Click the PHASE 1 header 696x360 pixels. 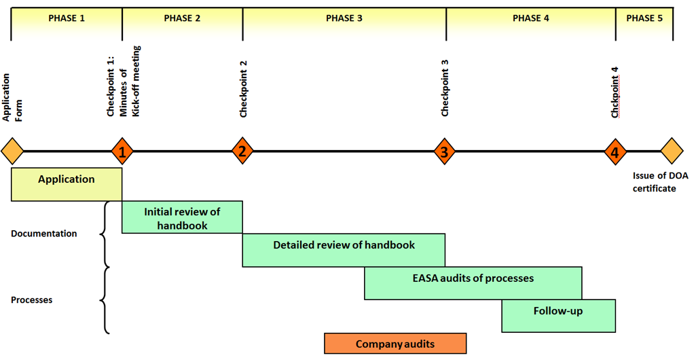pos(67,18)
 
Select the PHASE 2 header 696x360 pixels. pos(182,18)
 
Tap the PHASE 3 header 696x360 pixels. pos(344,18)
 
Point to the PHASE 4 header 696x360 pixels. pos(531,18)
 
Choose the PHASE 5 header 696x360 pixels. pos(644,18)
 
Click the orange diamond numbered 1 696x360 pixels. pos(122,151)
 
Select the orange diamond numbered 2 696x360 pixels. pos(242,151)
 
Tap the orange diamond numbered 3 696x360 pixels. pos(445,151)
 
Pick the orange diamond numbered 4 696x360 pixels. pos(615,151)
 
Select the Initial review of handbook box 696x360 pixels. pos(182,217)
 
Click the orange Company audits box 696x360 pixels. pos(395,344)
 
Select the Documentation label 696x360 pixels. pos(44,234)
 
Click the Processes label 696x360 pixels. pos(31,300)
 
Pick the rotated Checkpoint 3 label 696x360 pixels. pos(445,88)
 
